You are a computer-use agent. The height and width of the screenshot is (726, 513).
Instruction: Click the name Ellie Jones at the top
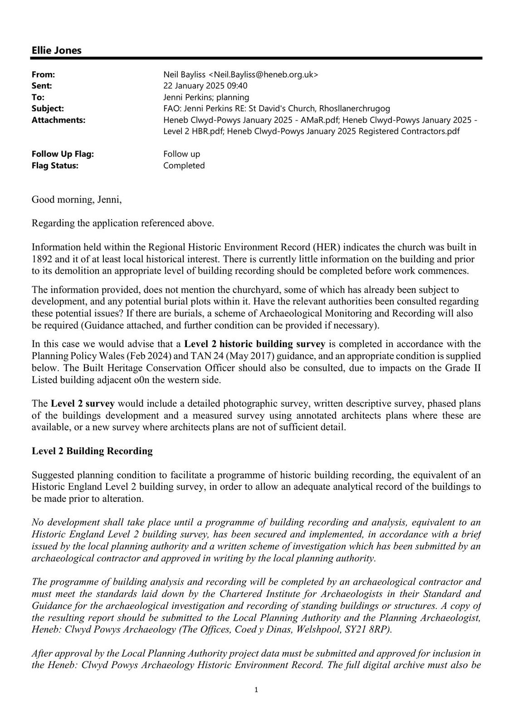[x=56, y=50]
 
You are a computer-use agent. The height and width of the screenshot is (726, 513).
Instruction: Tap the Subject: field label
[x=48, y=108]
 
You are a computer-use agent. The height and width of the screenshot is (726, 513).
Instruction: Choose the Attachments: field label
[x=59, y=120]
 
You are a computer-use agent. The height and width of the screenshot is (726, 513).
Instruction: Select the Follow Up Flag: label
[x=63, y=154]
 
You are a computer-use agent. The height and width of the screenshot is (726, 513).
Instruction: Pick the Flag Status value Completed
[x=184, y=166]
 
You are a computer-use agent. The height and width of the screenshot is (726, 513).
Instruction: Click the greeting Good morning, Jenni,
[x=77, y=200]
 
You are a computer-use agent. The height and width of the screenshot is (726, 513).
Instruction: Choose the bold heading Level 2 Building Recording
[x=92, y=451]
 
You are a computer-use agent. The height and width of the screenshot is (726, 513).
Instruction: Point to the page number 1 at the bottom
[x=256, y=690]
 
